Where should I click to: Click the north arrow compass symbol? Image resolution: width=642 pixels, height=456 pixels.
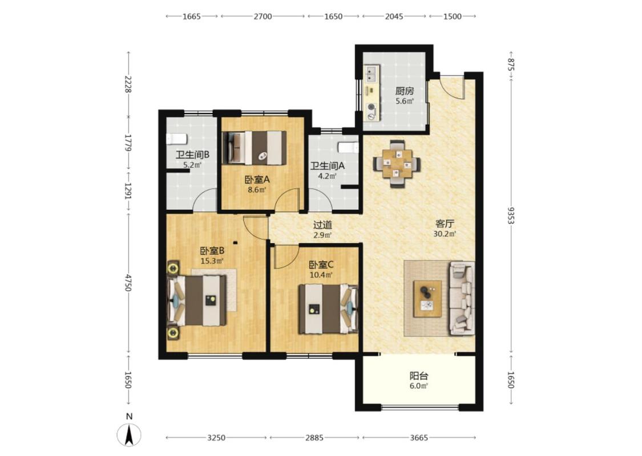[130, 435]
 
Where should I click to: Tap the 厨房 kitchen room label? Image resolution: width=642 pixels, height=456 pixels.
[404, 91]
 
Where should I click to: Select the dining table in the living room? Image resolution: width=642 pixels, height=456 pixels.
[397, 164]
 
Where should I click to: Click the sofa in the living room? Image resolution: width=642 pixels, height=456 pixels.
[462, 299]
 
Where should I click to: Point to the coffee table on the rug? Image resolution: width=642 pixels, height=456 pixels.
[427, 299]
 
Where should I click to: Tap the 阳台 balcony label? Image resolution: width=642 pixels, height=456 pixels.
[419, 376]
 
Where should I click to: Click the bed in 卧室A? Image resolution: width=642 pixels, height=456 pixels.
[255, 148]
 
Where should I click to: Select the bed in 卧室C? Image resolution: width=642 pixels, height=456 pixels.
[328, 309]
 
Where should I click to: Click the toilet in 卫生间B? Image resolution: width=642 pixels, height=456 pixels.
[176, 139]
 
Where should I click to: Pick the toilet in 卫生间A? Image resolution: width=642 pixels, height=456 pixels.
[348, 147]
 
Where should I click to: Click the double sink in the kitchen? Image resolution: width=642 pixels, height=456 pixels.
[372, 74]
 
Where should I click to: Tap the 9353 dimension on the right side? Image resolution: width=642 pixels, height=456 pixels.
[511, 215]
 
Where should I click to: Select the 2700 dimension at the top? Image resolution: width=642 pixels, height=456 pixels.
[263, 17]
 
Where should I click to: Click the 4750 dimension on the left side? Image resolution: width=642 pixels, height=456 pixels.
[128, 283]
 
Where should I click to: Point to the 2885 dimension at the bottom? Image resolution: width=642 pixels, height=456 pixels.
[314, 438]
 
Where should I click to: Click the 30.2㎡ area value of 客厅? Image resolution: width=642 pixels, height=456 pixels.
[445, 234]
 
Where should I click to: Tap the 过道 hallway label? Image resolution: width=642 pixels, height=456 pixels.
[322, 225]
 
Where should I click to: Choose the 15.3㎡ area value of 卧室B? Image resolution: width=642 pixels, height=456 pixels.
[212, 260]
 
